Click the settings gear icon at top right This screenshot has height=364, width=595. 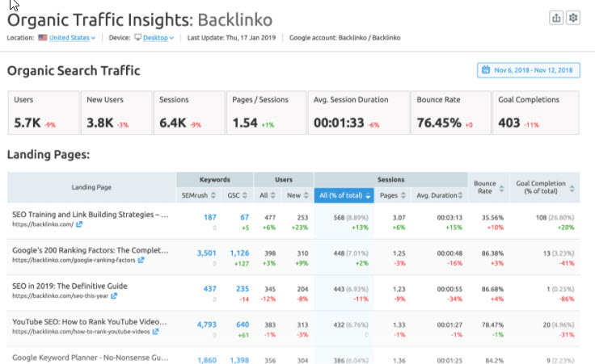[573, 19]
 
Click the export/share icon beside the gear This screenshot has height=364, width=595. [555, 19]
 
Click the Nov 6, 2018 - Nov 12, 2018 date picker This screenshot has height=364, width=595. [528, 71]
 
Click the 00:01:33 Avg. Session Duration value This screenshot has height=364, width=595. [339, 123]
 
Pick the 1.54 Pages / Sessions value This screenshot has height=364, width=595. [246, 123]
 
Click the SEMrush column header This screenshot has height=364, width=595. [196, 195]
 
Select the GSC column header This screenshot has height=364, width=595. [234, 195]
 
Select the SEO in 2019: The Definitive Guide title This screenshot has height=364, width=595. [70, 286]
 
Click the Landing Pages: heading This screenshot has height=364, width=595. [48, 154]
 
